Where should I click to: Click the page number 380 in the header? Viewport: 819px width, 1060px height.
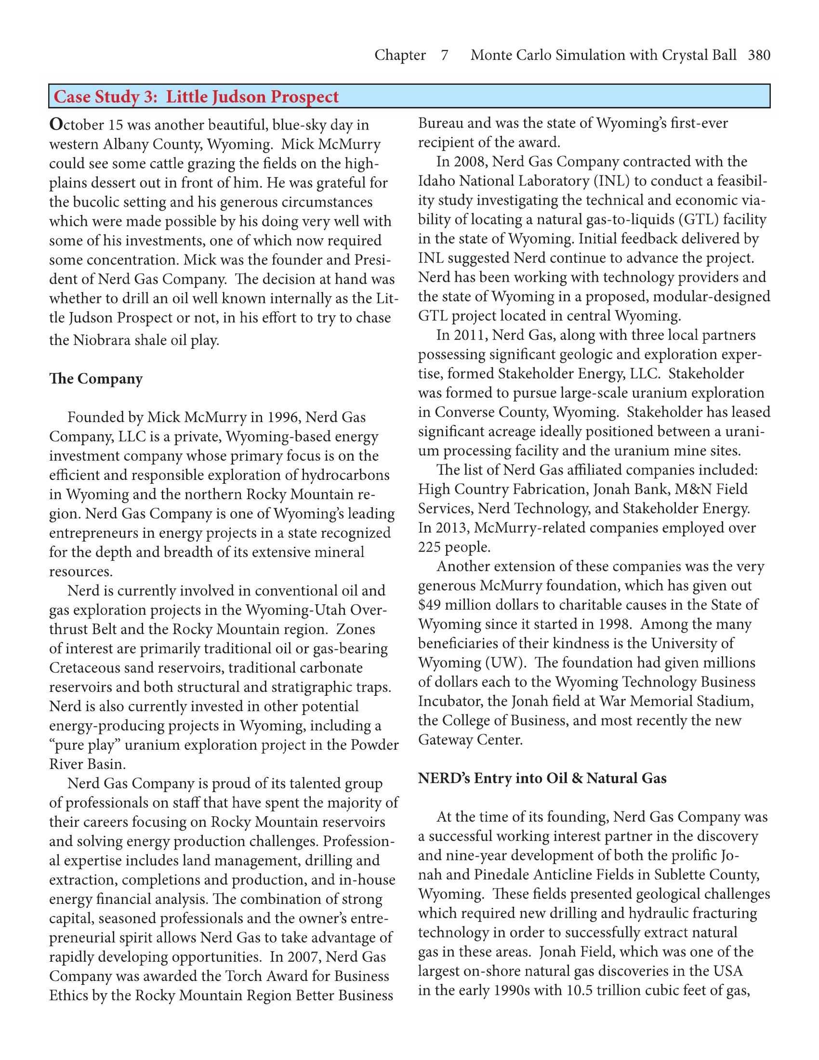point(759,55)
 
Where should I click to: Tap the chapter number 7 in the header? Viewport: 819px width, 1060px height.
point(444,55)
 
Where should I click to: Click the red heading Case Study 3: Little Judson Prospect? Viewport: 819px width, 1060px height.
point(196,96)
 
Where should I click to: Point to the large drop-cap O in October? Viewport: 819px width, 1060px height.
point(56,125)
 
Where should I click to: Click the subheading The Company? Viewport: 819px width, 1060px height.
point(96,379)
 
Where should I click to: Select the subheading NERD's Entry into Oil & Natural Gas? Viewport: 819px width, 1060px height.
point(542,779)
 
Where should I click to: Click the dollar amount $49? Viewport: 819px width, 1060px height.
point(429,605)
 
